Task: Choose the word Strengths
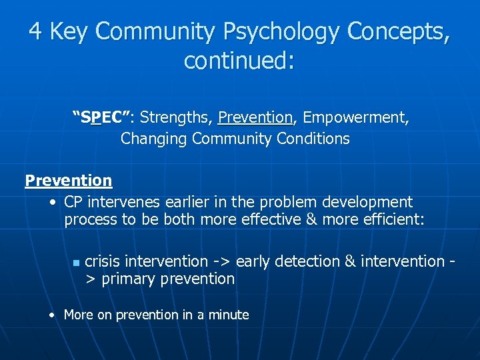click(x=176, y=119)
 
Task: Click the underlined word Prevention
click(x=255, y=119)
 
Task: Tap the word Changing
click(x=154, y=139)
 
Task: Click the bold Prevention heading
click(x=69, y=181)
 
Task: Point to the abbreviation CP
click(x=74, y=202)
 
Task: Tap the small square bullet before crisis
click(x=77, y=263)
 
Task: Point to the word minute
click(x=227, y=315)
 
